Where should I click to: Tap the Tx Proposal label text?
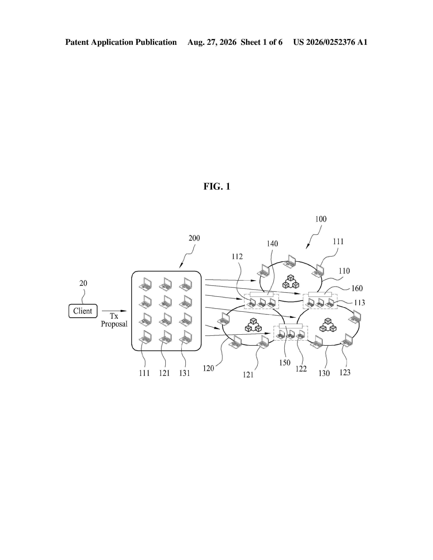click(x=114, y=320)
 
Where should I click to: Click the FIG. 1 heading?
click(x=217, y=186)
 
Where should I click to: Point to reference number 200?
click(x=194, y=238)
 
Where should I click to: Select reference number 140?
click(x=272, y=244)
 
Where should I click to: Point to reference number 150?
click(x=285, y=363)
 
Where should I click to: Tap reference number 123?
click(x=345, y=372)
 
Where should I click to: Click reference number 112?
click(x=237, y=256)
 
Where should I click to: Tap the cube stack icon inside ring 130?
click(x=328, y=325)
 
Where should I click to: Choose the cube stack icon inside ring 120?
click(x=253, y=325)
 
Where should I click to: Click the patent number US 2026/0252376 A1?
click(x=330, y=42)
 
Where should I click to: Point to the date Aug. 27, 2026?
click(x=212, y=42)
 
